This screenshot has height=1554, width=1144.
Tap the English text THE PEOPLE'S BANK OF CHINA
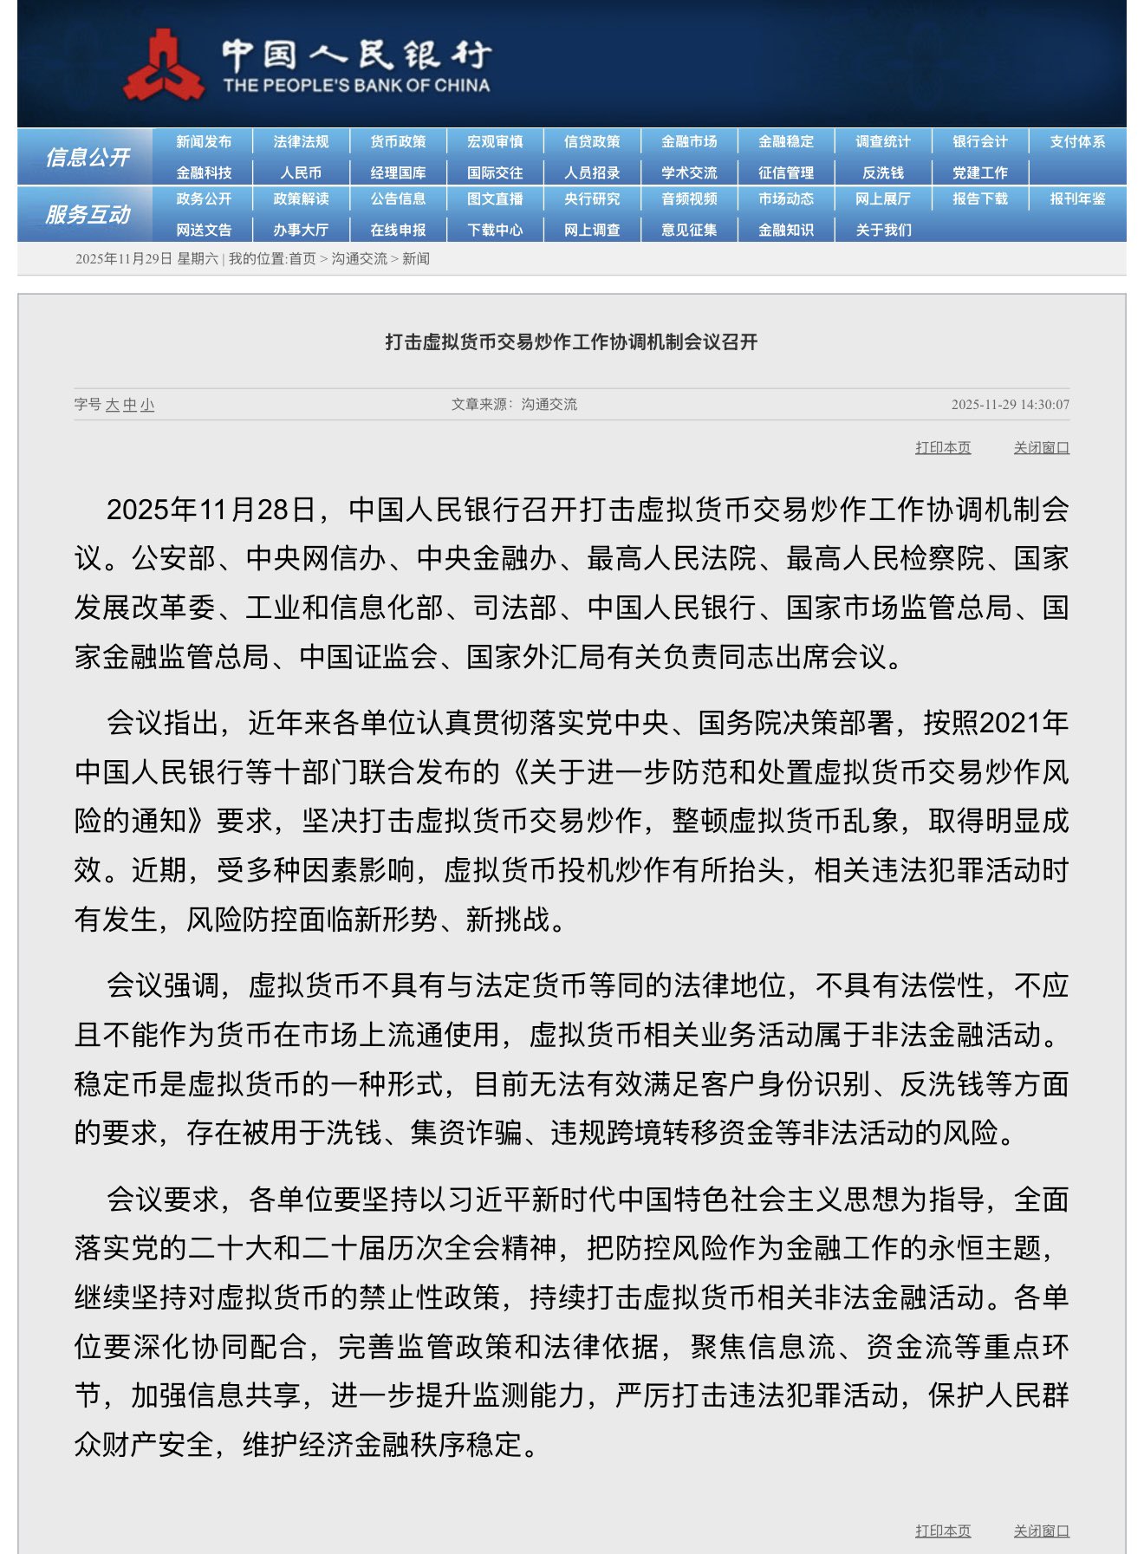tap(356, 86)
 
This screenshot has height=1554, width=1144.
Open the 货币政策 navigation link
tap(398, 142)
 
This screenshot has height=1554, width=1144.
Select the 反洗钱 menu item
tap(883, 173)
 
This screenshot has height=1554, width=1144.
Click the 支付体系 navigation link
tap(1077, 142)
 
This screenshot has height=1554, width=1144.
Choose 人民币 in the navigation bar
tap(301, 173)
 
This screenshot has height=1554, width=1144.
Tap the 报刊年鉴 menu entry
tap(1077, 199)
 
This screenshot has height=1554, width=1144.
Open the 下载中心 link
tap(495, 231)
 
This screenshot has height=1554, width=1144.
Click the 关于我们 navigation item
tap(883, 231)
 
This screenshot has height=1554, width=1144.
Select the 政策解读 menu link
tap(301, 199)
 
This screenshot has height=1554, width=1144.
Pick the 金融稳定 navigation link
tap(786, 142)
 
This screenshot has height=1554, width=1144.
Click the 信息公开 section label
tap(88, 158)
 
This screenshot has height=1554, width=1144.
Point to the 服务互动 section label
tap(88, 215)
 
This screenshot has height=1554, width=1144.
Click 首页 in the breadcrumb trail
tap(302, 259)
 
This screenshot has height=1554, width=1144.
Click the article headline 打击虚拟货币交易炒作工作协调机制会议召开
tap(571, 342)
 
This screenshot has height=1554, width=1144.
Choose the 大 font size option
tap(113, 405)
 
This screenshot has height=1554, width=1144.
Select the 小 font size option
tap(147, 405)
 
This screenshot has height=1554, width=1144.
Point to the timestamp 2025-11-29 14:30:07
tap(1010, 405)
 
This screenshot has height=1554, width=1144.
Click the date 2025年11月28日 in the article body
tap(211, 510)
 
